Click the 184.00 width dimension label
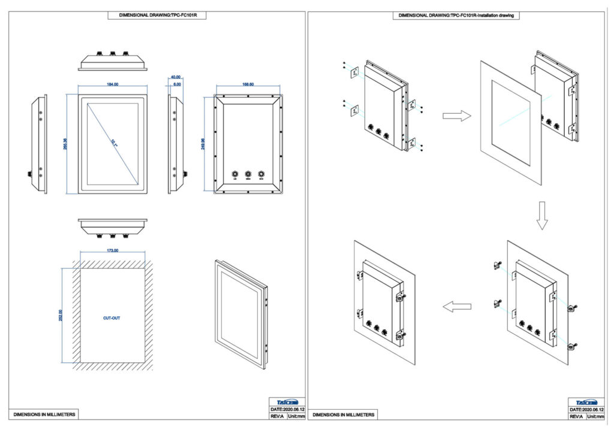(112, 84)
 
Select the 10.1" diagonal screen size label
(113, 142)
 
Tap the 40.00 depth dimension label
(176, 77)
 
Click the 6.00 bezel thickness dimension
(176, 84)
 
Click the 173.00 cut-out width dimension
(112, 250)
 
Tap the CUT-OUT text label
(112, 318)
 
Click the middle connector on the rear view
(248, 175)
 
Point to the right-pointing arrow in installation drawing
(456, 116)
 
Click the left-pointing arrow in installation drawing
(456, 307)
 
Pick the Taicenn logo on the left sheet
(287, 402)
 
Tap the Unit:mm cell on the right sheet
(595, 416)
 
